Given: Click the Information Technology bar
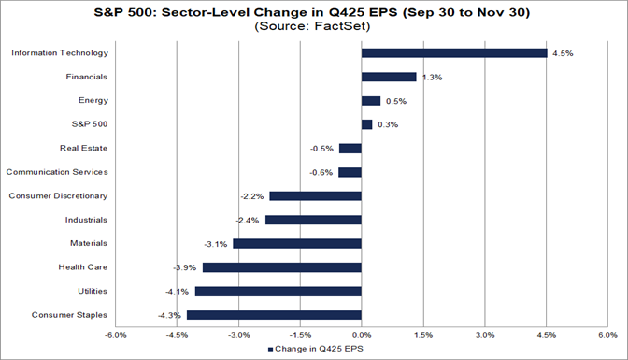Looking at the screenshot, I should [453, 52].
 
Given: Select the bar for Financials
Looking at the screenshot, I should [388, 77].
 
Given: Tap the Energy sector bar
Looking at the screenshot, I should [371, 100].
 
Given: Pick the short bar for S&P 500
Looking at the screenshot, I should [366, 124].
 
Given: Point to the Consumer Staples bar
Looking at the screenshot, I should [274, 315].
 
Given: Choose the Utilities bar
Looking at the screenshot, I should [278, 291].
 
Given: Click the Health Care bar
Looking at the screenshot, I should [281, 267].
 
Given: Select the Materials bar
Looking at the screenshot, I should [297, 243].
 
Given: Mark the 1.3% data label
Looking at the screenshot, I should [429, 77].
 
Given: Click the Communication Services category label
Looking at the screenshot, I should [57, 172].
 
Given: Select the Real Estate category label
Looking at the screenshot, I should [83, 148].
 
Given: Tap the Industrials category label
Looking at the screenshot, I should [85, 220].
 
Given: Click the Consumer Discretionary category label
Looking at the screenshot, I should [58, 196].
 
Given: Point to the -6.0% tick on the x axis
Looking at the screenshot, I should [116, 334].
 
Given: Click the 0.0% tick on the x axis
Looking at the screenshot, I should [362, 334].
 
